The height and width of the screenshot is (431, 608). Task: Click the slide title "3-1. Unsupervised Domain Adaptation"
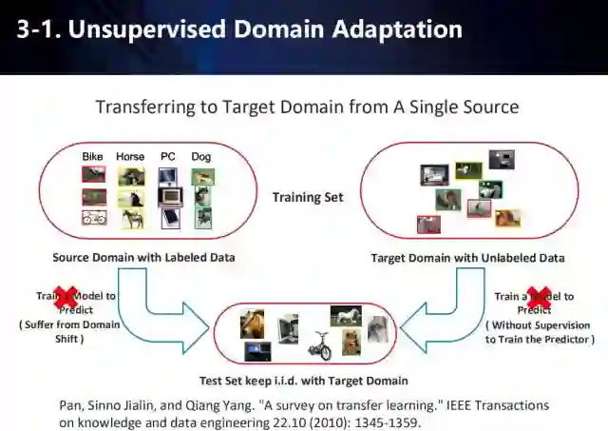pyautogui.click(x=239, y=29)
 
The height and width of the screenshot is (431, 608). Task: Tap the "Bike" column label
pyautogui.click(x=92, y=156)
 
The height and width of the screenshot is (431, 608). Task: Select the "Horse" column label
pyautogui.click(x=130, y=156)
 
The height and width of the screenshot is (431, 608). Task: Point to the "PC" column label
pyautogui.click(x=167, y=156)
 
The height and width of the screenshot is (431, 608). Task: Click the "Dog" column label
pyautogui.click(x=200, y=156)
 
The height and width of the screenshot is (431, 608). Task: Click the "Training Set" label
pyautogui.click(x=308, y=198)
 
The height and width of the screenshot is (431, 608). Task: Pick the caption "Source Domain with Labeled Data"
pyautogui.click(x=144, y=258)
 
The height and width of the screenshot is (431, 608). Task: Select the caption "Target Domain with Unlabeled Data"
pyautogui.click(x=467, y=258)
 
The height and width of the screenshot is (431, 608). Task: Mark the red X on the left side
pyautogui.click(x=66, y=299)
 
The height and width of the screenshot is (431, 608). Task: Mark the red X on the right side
pyautogui.click(x=538, y=299)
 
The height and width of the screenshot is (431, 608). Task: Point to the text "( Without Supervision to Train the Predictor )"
pyautogui.click(x=540, y=332)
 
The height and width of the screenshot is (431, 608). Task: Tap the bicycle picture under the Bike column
pyautogui.click(x=94, y=218)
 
